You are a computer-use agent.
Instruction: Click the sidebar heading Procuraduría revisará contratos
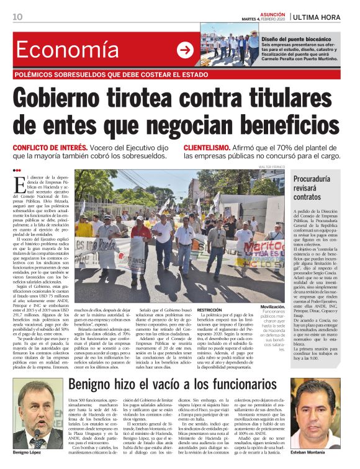(x=317, y=188)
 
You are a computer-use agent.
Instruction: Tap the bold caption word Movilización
(x=272, y=307)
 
